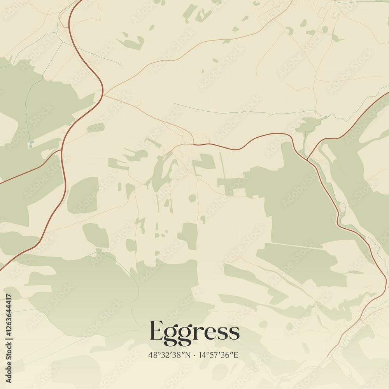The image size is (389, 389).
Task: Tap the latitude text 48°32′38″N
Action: tap(169, 355)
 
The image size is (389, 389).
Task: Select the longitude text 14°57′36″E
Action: tap(219, 355)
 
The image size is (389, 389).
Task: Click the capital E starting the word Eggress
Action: tap(156, 331)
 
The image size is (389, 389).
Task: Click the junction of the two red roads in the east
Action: tap(307, 159)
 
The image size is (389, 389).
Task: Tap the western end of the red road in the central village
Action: tap(193, 144)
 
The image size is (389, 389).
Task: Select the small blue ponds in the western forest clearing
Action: tap(30, 145)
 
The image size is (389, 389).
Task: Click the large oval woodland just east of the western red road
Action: tap(83, 195)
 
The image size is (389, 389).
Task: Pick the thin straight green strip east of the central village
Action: tap(222, 165)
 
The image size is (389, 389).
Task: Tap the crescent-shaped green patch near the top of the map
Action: tap(131, 42)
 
